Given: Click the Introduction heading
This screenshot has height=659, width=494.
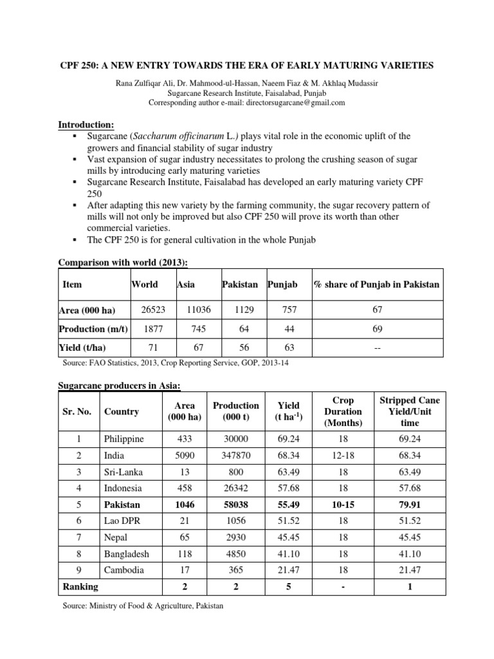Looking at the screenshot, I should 86,124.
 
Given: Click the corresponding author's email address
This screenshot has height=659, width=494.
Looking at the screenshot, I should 292,102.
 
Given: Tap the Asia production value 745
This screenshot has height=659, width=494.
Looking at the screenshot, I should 196,329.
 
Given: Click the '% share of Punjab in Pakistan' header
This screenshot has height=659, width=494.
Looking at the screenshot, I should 377,284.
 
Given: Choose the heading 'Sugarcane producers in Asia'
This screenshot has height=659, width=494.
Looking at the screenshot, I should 120,385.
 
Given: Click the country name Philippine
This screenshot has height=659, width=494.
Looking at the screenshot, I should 123,439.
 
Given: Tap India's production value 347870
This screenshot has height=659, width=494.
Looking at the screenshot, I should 236,456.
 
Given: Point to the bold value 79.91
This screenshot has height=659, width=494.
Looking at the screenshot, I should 409,505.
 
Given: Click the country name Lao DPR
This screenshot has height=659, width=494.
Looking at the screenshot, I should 121,521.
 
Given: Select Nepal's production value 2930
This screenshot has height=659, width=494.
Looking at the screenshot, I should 236,537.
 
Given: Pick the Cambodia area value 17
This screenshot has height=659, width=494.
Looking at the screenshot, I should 185,570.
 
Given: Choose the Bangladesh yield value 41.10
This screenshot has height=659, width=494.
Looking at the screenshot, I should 288,553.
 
